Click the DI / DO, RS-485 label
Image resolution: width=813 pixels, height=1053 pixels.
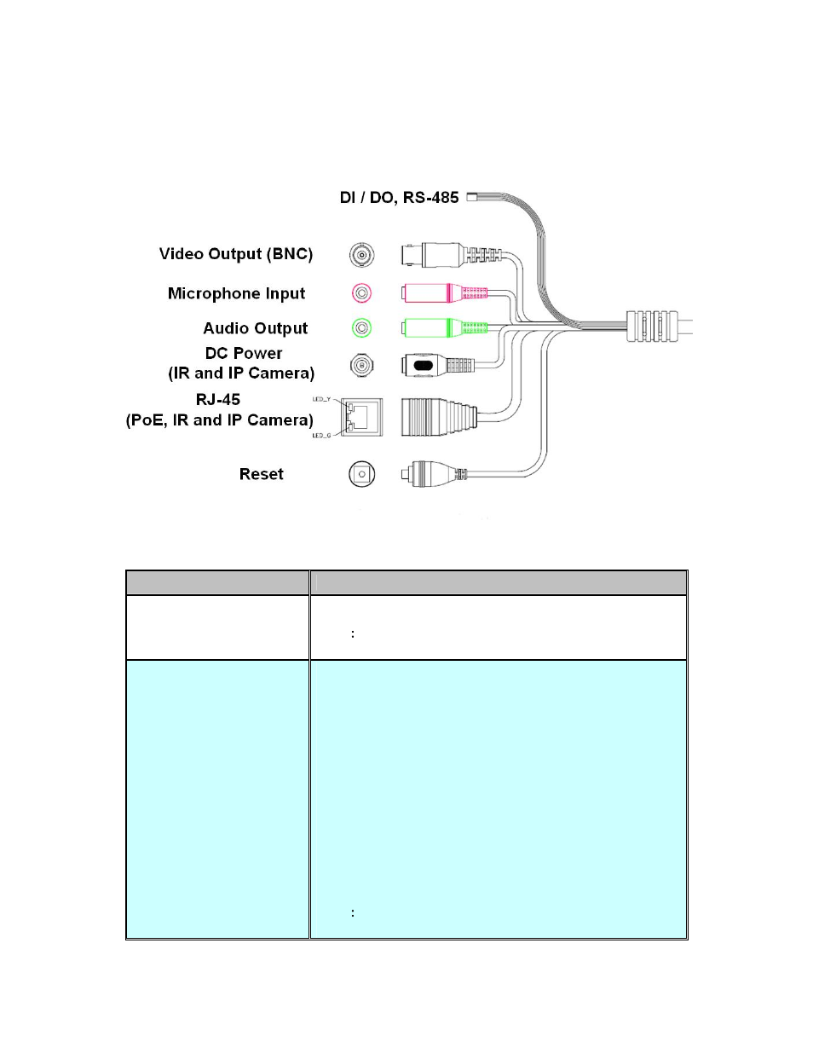pos(399,198)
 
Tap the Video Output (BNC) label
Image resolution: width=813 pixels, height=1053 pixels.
pos(236,254)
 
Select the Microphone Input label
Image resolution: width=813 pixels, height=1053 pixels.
pos(236,293)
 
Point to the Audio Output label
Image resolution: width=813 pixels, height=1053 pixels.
pos(255,328)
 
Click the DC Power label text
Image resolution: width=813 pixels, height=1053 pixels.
pos(244,353)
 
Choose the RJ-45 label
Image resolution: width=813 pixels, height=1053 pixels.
pos(218,399)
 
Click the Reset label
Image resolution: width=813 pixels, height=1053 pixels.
pos(261,474)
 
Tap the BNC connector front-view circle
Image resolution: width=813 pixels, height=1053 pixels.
pos(361,254)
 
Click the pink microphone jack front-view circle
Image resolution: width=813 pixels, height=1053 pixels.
pos(361,293)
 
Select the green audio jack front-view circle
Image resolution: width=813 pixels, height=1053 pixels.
pos(361,327)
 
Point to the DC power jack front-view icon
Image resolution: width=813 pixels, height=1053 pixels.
pos(361,366)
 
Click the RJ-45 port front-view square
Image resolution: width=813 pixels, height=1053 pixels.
pos(361,417)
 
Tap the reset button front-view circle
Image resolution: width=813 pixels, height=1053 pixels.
pos(361,474)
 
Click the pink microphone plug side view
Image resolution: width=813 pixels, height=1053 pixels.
pos(443,293)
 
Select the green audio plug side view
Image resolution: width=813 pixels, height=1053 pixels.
pos(443,327)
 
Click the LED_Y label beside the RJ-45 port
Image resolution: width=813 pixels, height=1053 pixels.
pos(321,399)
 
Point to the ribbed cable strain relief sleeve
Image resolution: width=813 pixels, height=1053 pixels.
pos(653,327)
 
